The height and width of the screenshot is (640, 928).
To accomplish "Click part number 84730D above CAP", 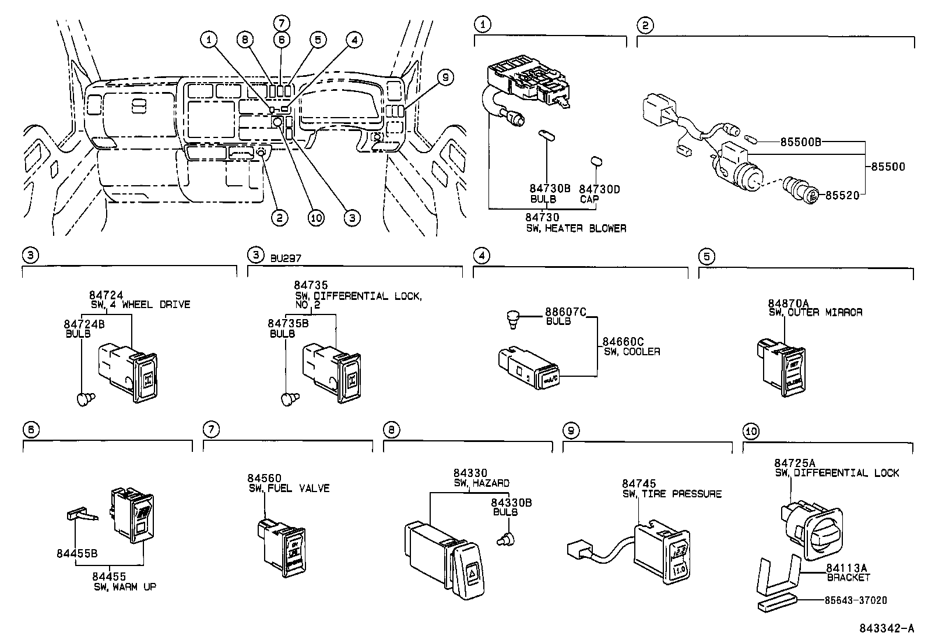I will (x=599, y=189).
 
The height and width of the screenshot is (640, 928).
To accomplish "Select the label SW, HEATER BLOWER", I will (x=576, y=228).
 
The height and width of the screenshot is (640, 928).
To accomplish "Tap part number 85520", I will (x=842, y=196).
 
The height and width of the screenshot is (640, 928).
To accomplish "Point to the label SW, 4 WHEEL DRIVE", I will (x=140, y=305).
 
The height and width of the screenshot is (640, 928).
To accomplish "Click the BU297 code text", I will (x=286, y=256).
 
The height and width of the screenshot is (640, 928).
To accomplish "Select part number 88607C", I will (x=565, y=312).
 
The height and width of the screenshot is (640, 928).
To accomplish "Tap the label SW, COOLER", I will (x=631, y=352).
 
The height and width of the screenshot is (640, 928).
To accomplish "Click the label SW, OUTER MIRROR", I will (x=815, y=313).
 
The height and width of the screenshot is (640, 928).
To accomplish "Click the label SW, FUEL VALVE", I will (x=289, y=489).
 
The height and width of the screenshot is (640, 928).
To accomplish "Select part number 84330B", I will (x=511, y=503).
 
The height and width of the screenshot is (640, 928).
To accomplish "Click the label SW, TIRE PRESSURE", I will (x=672, y=494).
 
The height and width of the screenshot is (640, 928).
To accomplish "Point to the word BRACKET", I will (x=848, y=578).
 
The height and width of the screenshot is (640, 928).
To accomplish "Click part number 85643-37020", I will (x=856, y=600).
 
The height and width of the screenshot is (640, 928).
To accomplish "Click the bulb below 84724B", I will (x=86, y=398).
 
